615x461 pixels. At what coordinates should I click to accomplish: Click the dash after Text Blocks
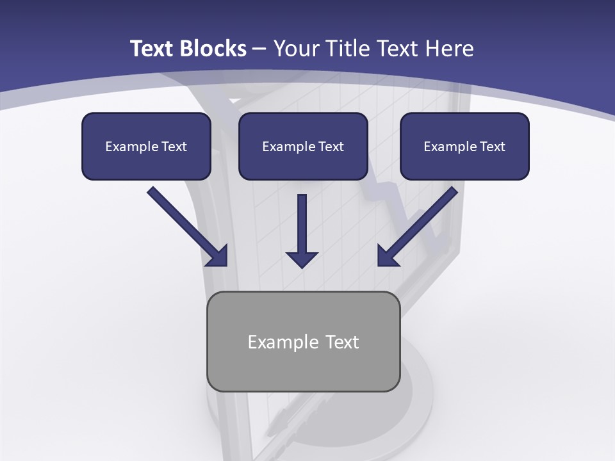(259, 49)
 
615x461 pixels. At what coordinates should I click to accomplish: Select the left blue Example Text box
(146, 146)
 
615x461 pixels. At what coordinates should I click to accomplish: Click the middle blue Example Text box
(303, 146)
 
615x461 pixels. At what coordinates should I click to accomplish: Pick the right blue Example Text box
(464, 146)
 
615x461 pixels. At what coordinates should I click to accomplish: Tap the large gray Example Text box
(304, 341)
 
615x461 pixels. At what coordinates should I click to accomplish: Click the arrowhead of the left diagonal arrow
(218, 257)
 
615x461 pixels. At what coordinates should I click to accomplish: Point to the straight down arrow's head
(302, 259)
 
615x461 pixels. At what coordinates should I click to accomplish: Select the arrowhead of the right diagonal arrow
(387, 257)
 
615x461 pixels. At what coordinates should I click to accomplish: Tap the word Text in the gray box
(342, 342)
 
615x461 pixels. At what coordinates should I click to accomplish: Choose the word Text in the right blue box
(492, 147)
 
